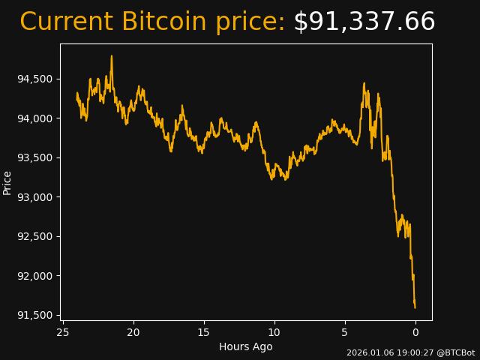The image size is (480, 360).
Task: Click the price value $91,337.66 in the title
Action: [364, 22]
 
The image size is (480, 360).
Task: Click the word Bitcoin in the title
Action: [163, 22]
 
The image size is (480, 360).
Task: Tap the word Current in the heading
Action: [67, 22]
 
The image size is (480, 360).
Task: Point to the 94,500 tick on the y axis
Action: [34, 79]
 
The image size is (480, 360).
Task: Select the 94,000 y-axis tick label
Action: [34, 118]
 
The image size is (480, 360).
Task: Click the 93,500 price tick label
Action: [34, 158]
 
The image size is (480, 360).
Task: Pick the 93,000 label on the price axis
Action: [34, 197]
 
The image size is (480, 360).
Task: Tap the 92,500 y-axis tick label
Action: [34, 237]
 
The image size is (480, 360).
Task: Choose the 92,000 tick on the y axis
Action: [34, 276]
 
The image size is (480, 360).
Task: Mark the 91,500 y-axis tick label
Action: [34, 315]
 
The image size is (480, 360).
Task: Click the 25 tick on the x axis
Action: [63, 332]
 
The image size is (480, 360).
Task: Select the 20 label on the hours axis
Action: [133, 332]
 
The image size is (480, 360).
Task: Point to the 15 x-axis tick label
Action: [204, 332]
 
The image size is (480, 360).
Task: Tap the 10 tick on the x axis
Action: [274, 332]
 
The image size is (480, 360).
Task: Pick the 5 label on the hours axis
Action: [345, 332]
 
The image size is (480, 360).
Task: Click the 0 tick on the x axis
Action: [415, 332]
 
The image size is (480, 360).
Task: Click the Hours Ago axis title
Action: [246, 346]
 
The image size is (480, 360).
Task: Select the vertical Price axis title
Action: [7, 182]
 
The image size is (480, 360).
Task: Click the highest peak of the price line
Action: [112, 56]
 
